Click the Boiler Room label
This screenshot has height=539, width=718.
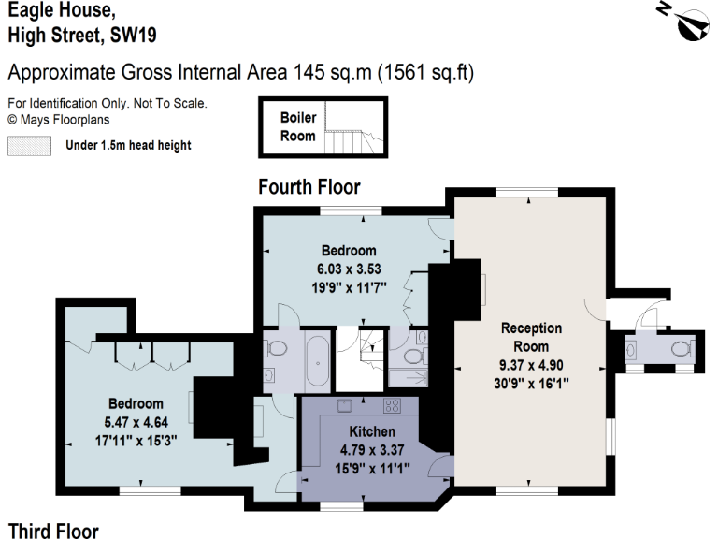tap(298, 127)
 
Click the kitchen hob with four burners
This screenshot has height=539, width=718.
tap(392, 407)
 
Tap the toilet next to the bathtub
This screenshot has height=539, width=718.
tap(277, 349)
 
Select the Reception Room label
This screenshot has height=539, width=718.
tap(531, 337)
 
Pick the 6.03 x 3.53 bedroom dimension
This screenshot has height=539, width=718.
tap(348, 269)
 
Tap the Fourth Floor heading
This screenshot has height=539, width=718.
tap(308, 188)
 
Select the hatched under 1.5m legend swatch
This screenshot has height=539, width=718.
tap(29, 145)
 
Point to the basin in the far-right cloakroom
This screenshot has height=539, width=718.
tap(631, 349)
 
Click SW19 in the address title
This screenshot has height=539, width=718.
tap(133, 36)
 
